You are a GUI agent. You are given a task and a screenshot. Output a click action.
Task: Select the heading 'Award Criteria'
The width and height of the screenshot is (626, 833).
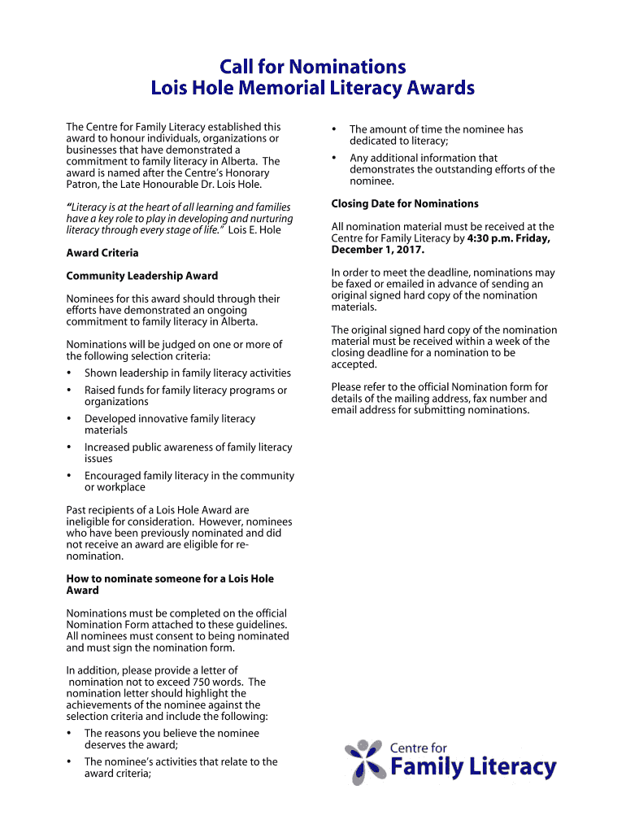[x=102, y=253]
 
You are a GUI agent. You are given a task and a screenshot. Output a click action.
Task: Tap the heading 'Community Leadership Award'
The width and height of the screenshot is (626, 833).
[x=141, y=276]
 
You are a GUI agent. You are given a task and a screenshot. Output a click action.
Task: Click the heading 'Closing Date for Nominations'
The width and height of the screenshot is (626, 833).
[x=405, y=203]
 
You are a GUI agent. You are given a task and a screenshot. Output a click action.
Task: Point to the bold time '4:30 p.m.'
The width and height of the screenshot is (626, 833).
[x=492, y=238]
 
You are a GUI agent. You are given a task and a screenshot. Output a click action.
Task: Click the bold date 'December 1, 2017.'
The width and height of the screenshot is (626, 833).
[x=378, y=250]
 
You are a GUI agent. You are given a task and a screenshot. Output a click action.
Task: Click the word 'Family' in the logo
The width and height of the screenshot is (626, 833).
[x=427, y=767]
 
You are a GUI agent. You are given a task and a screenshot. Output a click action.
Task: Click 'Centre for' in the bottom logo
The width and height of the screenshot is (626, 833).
[x=419, y=748]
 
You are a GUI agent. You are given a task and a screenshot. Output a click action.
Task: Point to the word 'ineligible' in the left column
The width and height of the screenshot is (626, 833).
[x=90, y=521]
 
